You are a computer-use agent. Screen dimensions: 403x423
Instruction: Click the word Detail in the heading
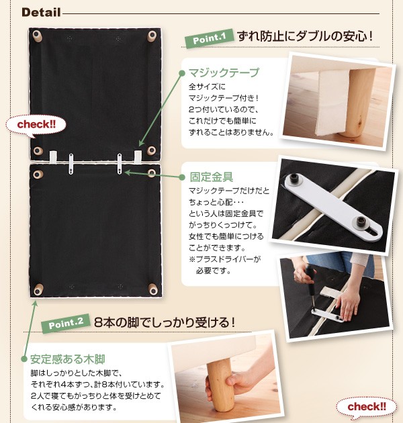tap(41, 12)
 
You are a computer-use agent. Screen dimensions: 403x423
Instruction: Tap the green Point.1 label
tap(209, 38)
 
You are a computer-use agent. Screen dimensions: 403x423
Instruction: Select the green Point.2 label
tap(66, 323)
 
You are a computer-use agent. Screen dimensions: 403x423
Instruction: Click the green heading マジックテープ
tap(224, 73)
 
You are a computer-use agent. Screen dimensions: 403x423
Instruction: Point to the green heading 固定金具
tap(212, 177)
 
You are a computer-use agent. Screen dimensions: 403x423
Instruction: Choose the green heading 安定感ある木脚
tap(67, 359)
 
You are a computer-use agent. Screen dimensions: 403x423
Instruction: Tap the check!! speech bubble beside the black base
tap(36, 126)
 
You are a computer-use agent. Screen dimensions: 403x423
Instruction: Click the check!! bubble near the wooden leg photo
tap(366, 407)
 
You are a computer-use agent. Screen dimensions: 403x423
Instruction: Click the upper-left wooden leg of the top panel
tap(37, 36)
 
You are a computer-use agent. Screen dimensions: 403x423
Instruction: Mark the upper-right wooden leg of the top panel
tap(152, 36)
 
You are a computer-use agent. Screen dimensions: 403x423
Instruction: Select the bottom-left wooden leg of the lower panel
tap(38, 289)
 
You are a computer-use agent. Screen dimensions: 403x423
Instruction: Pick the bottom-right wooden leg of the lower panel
tap(153, 289)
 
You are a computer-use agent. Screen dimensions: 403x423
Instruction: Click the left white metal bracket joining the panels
tap(71, 164)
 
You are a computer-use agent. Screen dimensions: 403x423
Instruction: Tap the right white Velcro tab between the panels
tap(138, 156)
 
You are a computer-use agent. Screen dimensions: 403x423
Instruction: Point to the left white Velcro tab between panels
tap(53, 157)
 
